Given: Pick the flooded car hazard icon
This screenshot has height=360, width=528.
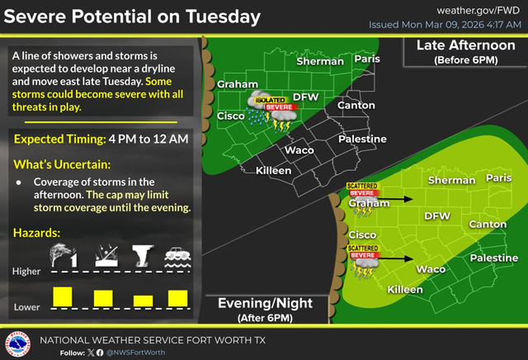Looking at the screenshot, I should coord(178,256).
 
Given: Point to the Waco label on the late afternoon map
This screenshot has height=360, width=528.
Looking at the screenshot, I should coord(298,150).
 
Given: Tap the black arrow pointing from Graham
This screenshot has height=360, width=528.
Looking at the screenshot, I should coord(399,199).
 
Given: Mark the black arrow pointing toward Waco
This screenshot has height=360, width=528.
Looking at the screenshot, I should coord(399,258).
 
